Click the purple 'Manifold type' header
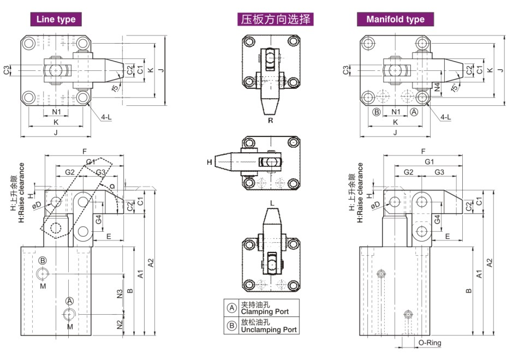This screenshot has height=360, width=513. [395, 19]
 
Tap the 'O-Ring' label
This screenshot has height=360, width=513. [430, 343]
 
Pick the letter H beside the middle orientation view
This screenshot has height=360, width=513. [209, 162]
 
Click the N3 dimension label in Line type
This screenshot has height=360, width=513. [120, 293]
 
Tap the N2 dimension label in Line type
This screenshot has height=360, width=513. [120, 325]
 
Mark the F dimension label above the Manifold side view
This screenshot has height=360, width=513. [423, 151]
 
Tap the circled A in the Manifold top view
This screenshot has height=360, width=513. [414, 111]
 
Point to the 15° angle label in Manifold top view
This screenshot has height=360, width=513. [455, 87]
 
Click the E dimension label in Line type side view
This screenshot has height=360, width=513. [109, 236]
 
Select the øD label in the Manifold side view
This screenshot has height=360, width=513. [375, 205]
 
